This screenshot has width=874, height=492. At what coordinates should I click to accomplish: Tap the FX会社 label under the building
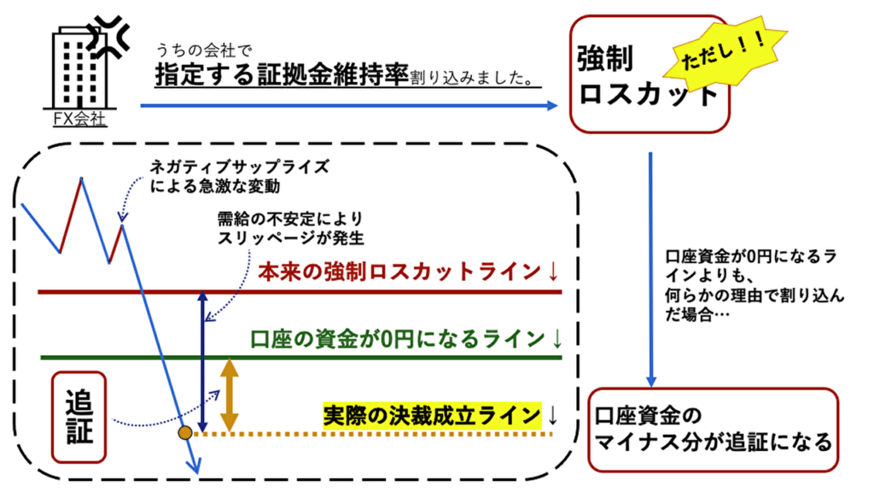click(x=79, y=120)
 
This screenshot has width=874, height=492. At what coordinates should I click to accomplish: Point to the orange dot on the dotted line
click(x=184, y=433)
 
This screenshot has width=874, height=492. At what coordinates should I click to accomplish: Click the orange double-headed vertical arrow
click(x=228, y=395)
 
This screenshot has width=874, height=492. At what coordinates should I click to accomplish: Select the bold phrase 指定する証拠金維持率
click(x=282, y=76)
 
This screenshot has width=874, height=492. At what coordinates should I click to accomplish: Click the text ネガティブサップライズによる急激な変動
click(x=225, y=175)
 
